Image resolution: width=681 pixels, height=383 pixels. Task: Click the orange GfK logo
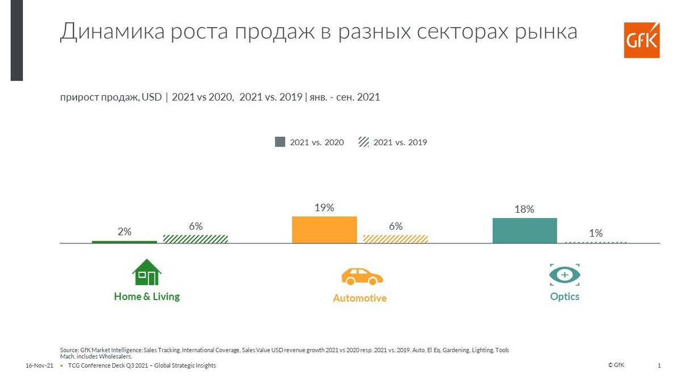tap(642, 40)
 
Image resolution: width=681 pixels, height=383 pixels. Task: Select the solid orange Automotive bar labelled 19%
tap(324, 230)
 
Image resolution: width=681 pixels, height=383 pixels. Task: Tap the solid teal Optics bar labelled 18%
tap(524, 231)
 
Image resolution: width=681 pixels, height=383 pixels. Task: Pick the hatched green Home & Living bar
tap(195, 239)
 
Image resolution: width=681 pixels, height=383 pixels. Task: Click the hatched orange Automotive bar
tap(395, 239)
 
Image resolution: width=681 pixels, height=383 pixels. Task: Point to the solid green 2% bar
tap(124, 242)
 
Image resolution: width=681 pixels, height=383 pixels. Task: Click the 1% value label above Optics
tap(595, 233)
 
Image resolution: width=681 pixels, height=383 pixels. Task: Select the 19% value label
tap(324, 208)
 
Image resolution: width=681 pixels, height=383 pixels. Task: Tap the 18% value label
tap(524, 209)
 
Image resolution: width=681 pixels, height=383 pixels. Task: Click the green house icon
tap(146, 272)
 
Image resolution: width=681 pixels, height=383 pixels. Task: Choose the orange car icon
tap(361, 276)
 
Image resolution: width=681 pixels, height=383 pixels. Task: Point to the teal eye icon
tap(565, 275)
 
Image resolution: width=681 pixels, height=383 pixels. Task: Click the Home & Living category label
tap(146, 296)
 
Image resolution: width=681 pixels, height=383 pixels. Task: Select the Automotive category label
tap(360, 298)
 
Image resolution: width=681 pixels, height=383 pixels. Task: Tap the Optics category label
tap(565, 297)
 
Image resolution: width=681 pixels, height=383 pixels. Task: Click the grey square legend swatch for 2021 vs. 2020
tap(280, 142)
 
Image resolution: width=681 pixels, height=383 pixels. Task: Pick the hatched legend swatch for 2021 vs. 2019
tap(363, 142)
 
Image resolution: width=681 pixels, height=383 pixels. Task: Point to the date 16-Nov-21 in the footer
tap(39, 366)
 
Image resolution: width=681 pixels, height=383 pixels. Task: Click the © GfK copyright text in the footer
tap(616, 365)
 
